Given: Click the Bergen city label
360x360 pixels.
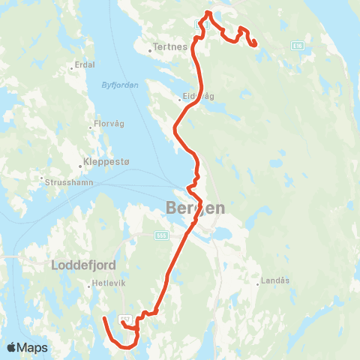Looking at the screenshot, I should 194,208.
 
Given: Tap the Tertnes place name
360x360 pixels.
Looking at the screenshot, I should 169,46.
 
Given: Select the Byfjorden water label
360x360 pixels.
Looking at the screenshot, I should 120,85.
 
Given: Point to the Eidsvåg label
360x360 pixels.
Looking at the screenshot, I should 197,97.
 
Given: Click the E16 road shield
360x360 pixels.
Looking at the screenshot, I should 298,46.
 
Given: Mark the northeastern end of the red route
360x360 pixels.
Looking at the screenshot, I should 256,44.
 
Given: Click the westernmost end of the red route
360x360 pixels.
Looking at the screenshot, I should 103,319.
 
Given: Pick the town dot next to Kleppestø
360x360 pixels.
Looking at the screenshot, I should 80,166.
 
